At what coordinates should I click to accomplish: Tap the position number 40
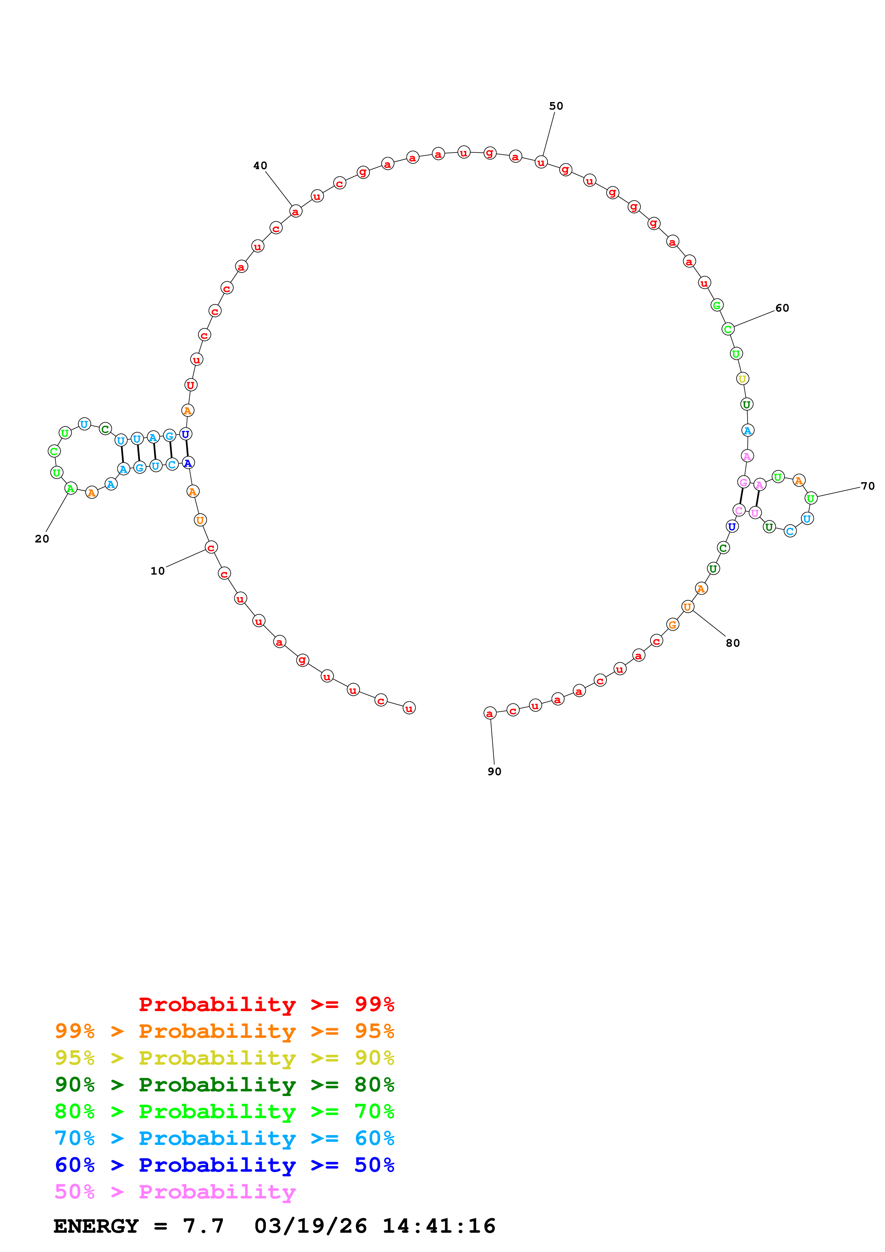point(260,166)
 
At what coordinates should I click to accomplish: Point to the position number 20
point(42,539)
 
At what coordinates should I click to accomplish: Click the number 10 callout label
point(157,571)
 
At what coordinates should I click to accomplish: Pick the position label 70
point(867,486)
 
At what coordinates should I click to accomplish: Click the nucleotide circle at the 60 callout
point(728,329)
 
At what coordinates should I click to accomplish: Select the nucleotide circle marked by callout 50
point(540,162)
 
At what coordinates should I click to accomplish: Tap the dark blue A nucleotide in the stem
point(187,463)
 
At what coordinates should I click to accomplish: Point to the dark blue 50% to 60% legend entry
point(225,1165)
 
